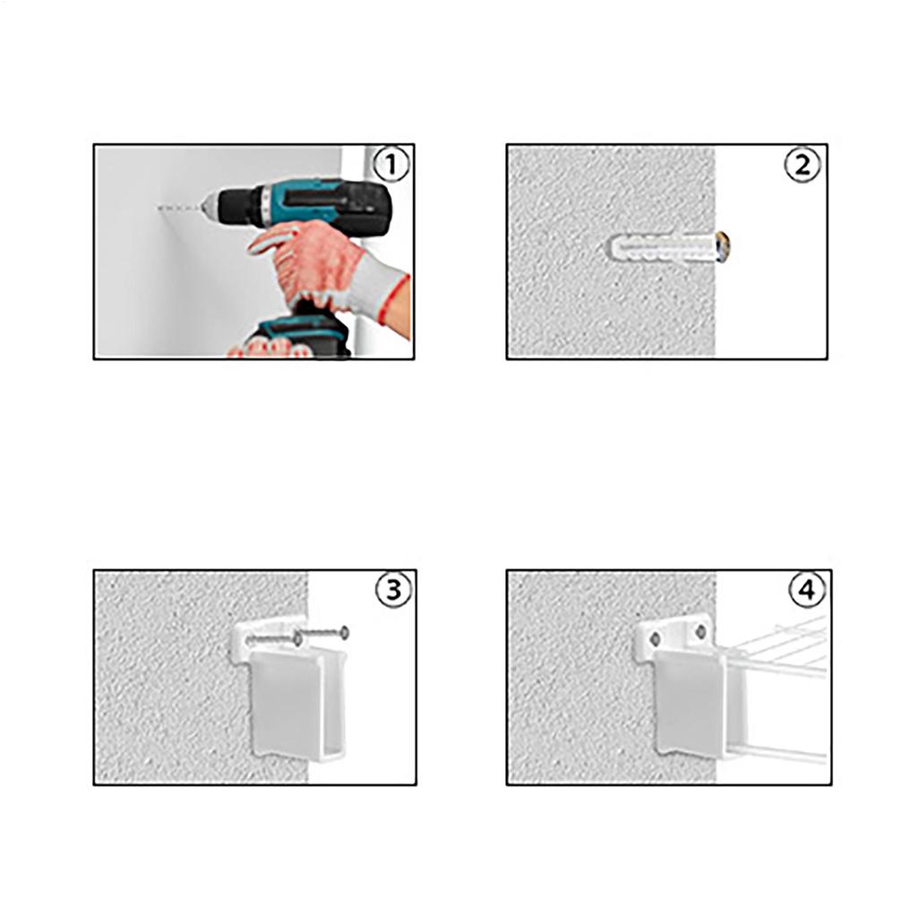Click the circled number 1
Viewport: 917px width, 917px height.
[390, 166]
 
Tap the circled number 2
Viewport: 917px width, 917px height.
[802, 166]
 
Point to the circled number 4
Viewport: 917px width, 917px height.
[807, 590]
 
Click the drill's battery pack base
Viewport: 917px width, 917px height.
[300, 337]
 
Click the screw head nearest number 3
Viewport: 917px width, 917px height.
[343, 632]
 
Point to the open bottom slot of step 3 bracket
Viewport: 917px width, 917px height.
[318, 749]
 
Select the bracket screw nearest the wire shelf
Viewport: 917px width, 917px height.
[700, 632]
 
